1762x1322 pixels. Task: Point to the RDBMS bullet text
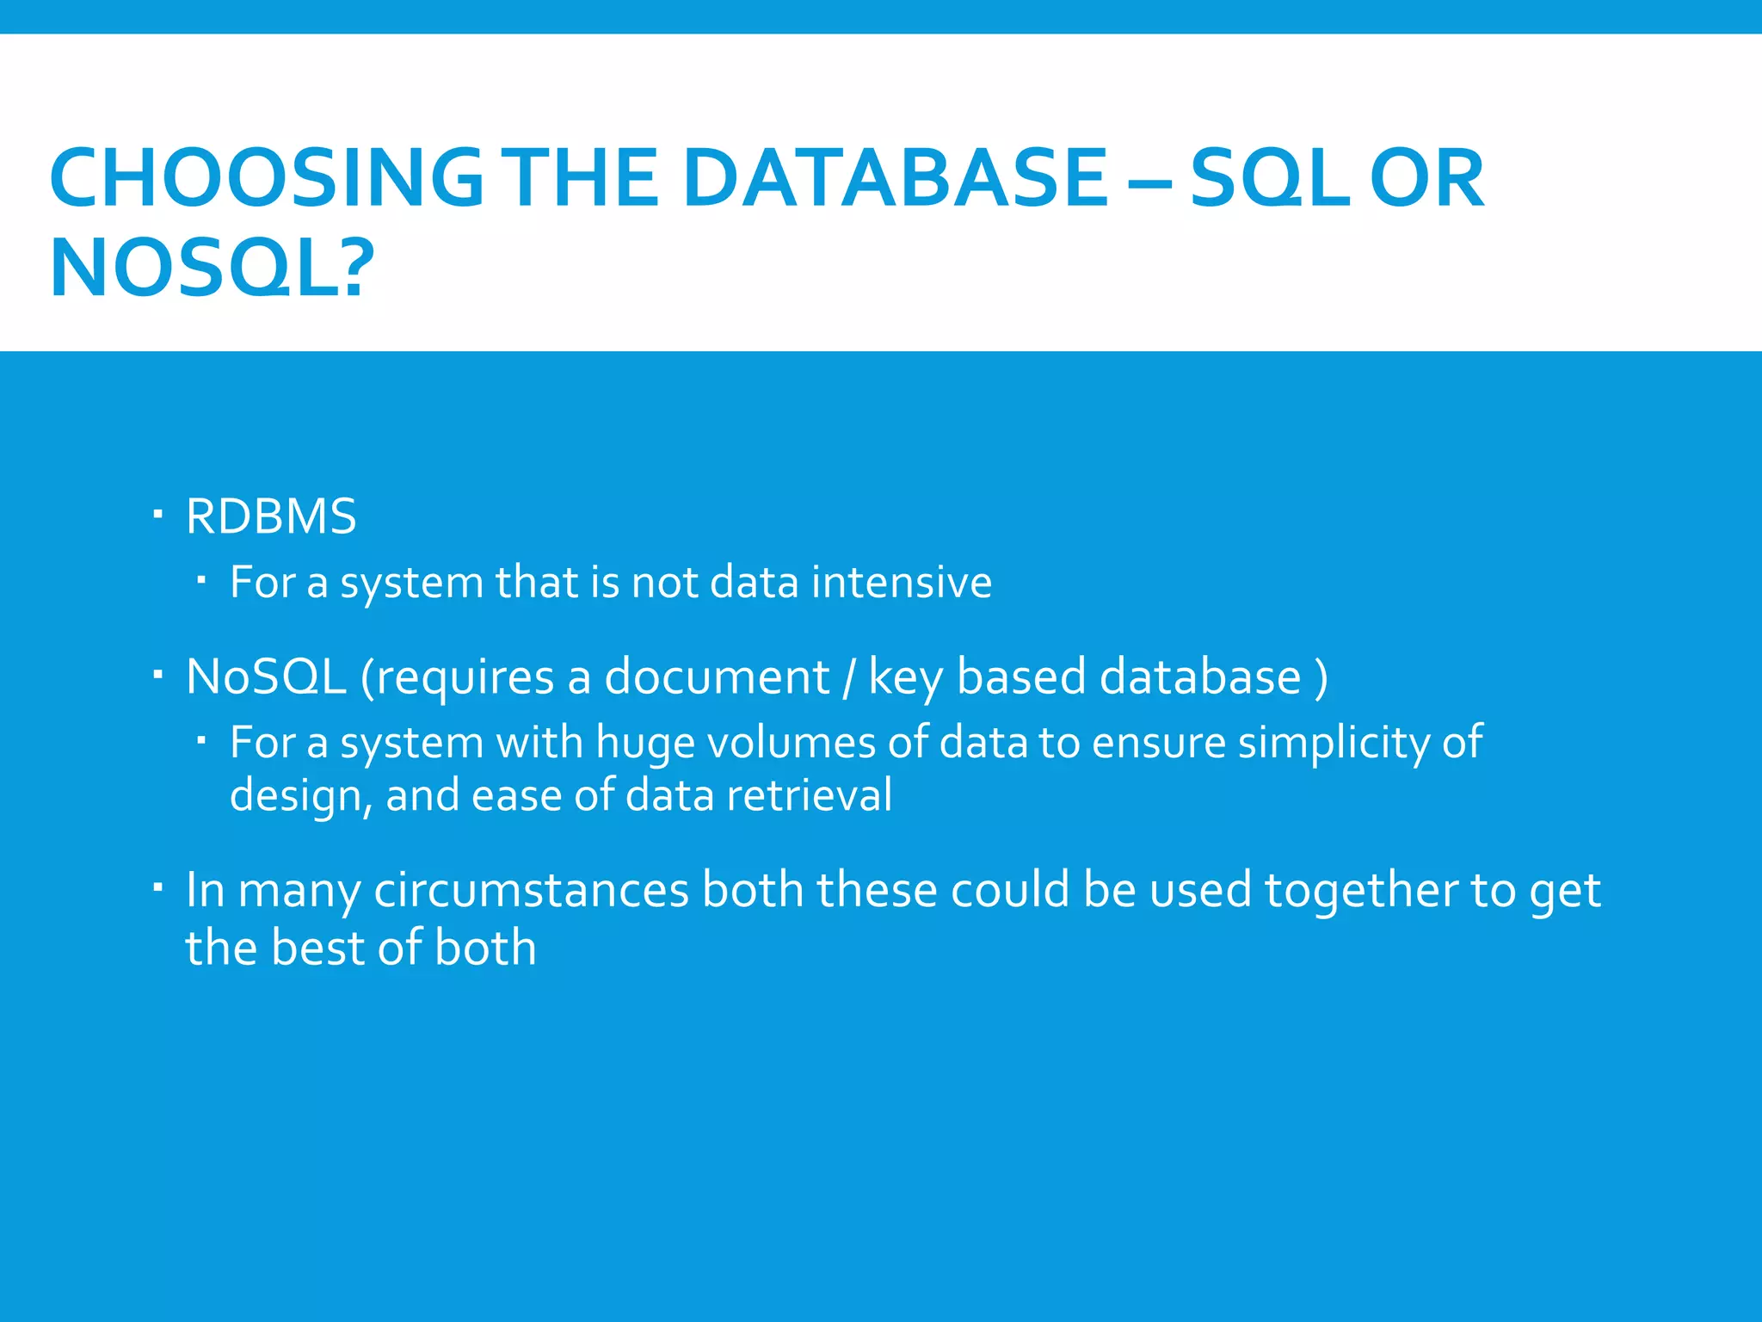click(x=271, y=516)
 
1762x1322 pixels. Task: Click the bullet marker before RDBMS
click(x=157, y=515)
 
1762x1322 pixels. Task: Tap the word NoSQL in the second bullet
click(x=266, y=676)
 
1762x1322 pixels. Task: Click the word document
click(x=717, y=676)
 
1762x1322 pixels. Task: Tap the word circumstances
click(x=531, y=890)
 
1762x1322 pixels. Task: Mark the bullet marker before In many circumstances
click(x=157, y=887)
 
